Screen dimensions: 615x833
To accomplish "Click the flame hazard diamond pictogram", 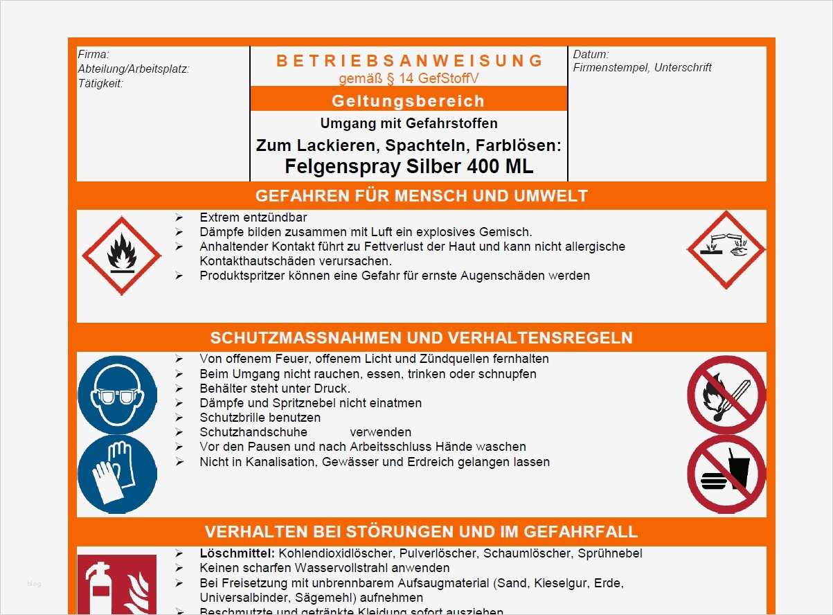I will tap(121, 256).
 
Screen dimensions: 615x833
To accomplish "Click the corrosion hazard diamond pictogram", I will tap(726, 250).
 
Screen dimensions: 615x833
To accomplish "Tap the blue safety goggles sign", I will tap(117, 395).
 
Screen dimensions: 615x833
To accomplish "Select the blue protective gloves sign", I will tap(117, 474).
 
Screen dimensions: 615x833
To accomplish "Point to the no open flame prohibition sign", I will tap(726, 395).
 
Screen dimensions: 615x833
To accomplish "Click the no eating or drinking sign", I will tap(726, 474).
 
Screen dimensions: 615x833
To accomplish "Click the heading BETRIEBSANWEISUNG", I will tap(410, 61).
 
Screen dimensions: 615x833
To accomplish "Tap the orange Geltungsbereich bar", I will tap(409, 100).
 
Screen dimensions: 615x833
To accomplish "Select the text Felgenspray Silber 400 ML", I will tap(409, 167).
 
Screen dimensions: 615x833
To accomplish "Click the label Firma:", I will tap(93, 55).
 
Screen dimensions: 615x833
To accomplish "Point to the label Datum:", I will tap(591, 54).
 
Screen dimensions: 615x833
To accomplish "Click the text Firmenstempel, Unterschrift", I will tap(642, 67).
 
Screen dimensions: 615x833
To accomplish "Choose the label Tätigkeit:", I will tap(100, 84).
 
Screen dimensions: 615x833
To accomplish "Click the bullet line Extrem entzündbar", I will tap(253, 217).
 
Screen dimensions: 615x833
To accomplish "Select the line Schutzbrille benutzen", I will tap(260, 418).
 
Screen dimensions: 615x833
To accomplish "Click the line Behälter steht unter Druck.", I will tap(275, 389).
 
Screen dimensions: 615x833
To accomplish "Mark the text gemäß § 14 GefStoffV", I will tap(409, 78).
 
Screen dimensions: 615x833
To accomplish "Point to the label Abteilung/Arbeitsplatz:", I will tap(134, 69).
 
